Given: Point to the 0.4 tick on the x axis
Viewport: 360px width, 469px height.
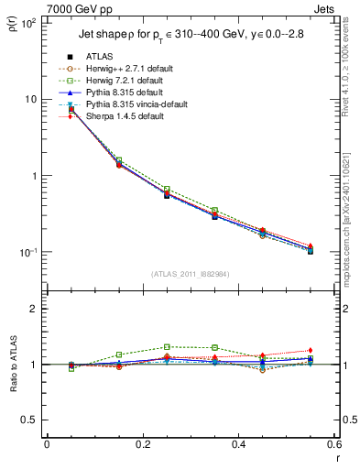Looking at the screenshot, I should (x=239, y=444).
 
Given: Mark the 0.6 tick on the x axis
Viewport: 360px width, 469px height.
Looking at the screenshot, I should (x=334, y=444).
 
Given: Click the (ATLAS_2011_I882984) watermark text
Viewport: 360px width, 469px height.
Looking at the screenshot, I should (x=191, y=273).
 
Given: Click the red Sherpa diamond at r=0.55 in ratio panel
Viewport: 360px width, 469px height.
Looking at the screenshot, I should (x=311, y=350).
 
